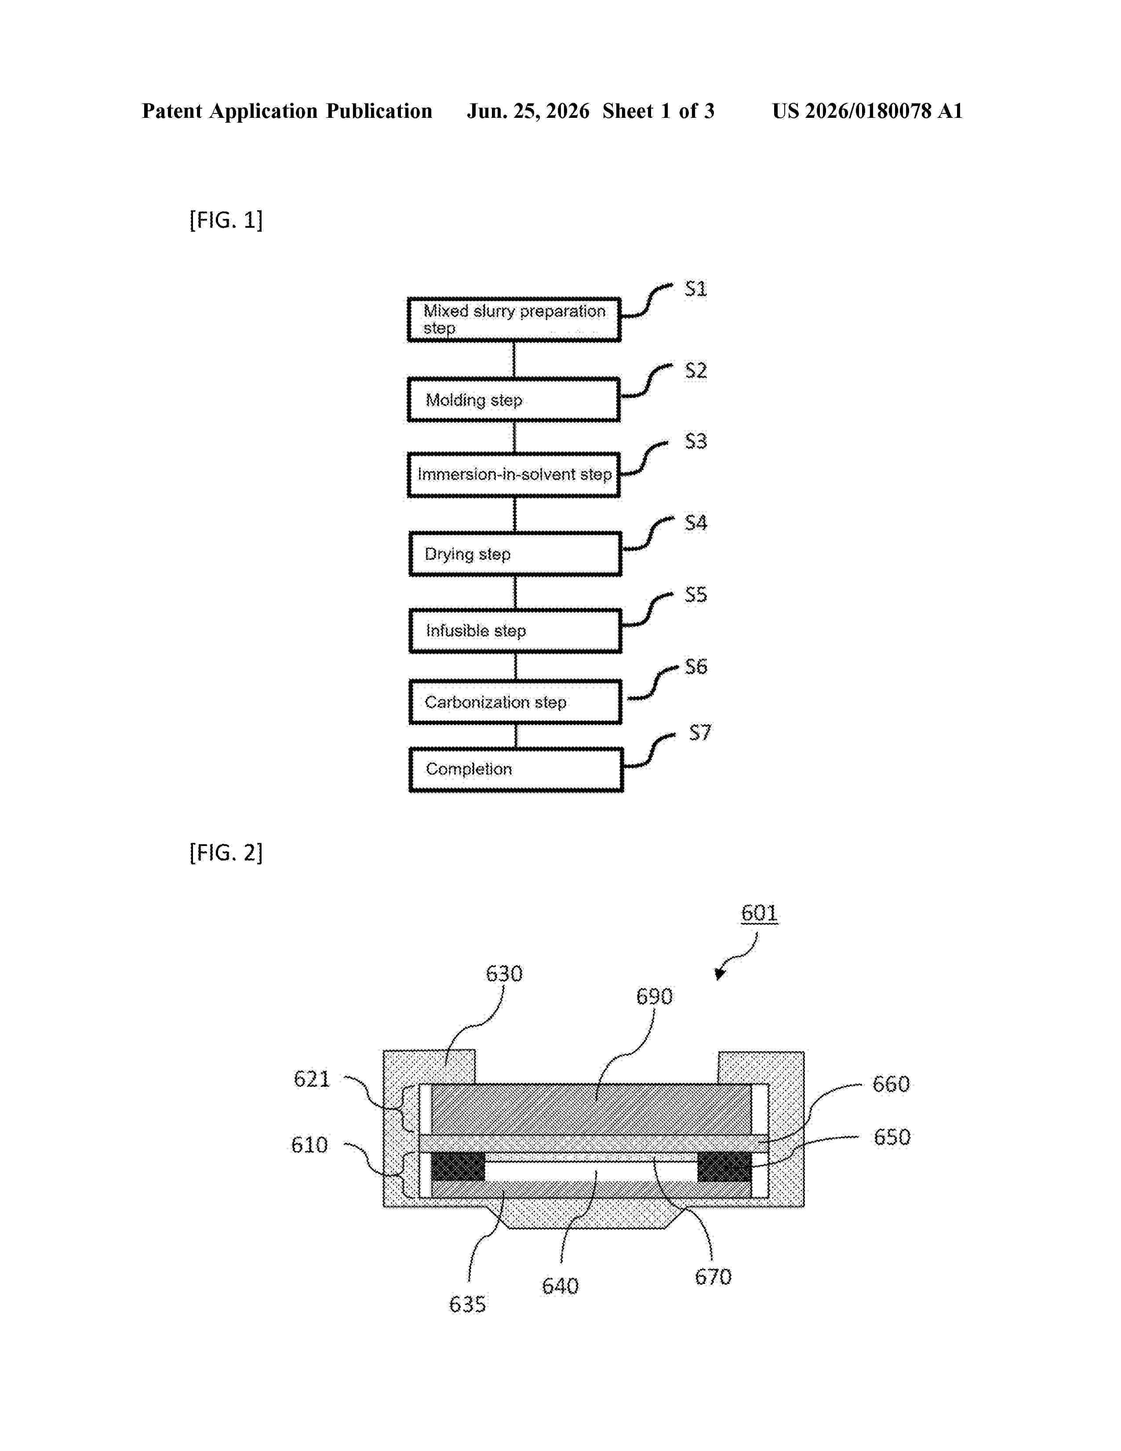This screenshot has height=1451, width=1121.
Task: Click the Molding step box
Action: point(513,399)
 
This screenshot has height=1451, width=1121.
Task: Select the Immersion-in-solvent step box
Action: point(513,474)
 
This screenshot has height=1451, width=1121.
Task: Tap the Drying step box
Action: point(515,554)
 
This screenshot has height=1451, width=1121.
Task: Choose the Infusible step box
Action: point(515,631)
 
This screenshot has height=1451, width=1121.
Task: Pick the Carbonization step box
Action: point(515,702)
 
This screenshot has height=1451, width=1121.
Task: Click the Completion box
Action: point(515,769)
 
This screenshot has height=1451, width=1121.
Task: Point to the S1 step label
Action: point(695,289)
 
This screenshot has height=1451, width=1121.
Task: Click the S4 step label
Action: point(695,523)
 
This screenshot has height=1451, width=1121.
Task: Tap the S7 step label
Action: point(700,732)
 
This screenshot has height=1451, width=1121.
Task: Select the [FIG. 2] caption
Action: point(226,853)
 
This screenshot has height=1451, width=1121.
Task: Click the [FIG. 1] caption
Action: point(226,220)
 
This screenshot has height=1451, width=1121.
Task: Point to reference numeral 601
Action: point(759,913)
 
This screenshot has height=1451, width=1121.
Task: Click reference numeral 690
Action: point(654,996)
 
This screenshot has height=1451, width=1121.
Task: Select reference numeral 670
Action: point(713,1276)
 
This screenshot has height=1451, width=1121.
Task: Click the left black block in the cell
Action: point(458,1166)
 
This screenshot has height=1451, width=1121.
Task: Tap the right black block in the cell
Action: point(724,1166)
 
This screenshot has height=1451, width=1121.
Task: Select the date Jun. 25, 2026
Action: point(528,111)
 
